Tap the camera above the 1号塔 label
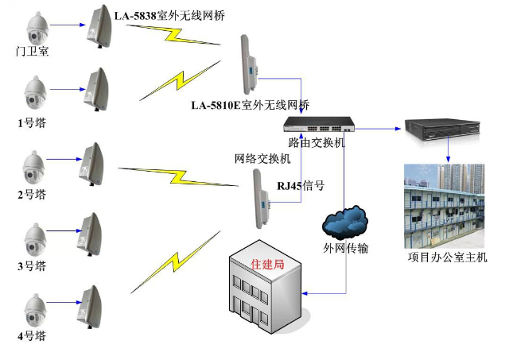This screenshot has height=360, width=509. (x=34, y=94)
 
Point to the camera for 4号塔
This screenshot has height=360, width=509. (x=34, y=308)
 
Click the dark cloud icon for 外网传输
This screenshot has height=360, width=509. (x=345, y=222)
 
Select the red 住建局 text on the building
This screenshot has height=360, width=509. (x=266, y=263)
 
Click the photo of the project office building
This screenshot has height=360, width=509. (x=442, y=205)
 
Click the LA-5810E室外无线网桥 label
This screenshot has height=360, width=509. (x=250, y=105)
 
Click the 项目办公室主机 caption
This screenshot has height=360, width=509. (x=447, y=257)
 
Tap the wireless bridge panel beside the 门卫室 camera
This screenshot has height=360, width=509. (x=99, y=26)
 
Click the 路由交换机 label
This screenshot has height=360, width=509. (x=317, y=142)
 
